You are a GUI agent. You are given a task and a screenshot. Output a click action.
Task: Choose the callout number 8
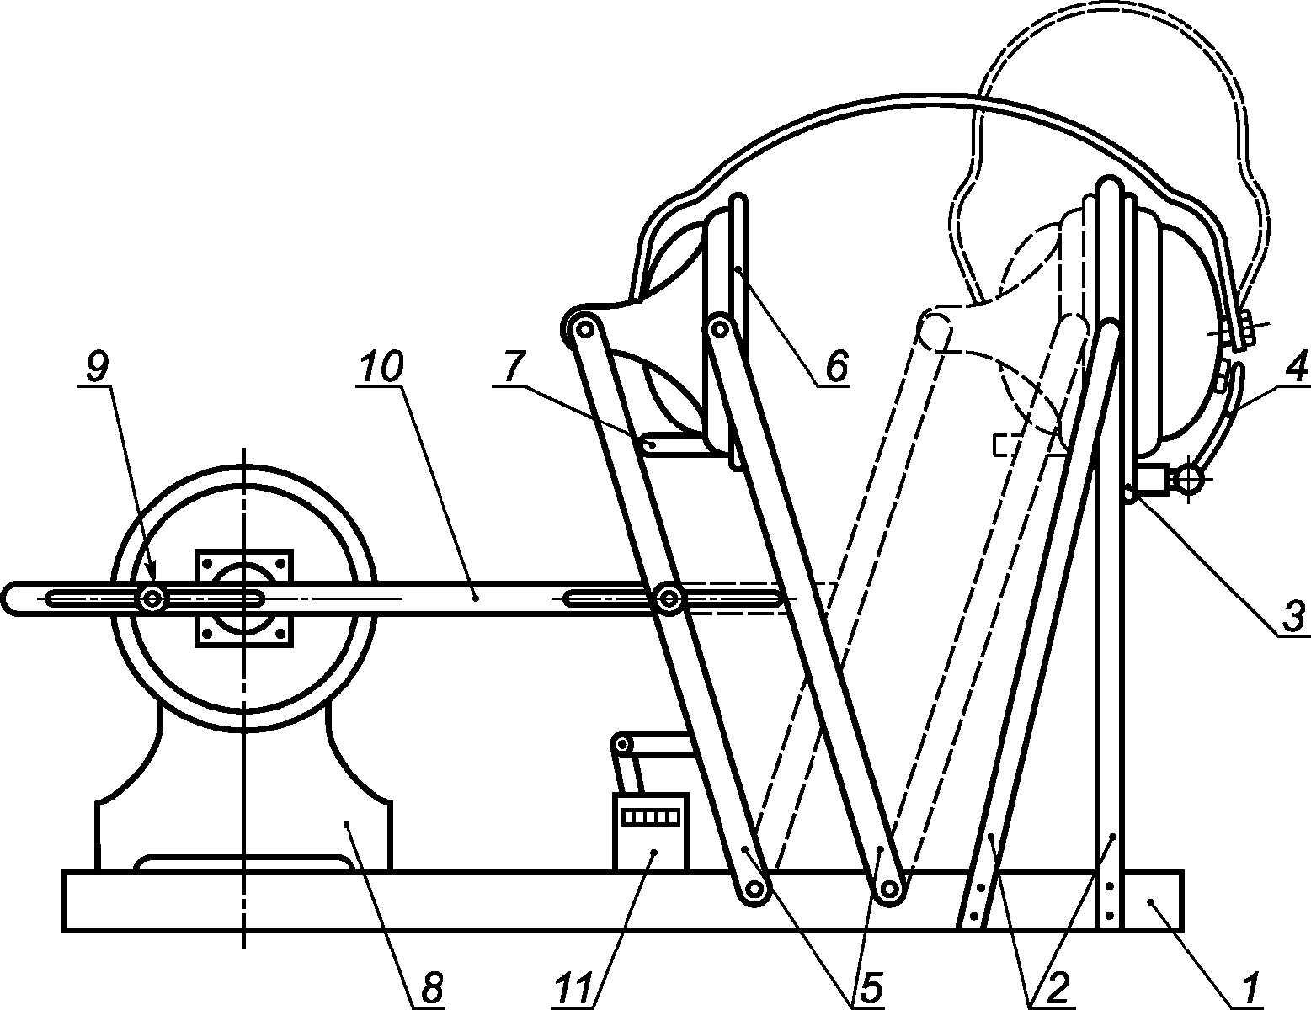tap(430, 987)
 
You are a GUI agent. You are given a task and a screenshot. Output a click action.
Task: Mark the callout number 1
tap(1249, 987)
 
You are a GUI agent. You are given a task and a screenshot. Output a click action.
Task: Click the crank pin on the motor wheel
tap(152, 598)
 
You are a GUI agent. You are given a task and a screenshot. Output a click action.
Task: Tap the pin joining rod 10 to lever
tap(669, 599)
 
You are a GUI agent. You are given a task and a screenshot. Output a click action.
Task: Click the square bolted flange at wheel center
tap(244, 598)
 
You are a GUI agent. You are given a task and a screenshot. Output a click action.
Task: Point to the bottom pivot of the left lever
tap(754, 890)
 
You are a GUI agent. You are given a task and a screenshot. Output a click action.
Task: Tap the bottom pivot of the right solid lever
tap(889, 890)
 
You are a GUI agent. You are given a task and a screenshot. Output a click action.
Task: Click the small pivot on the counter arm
tap(623, 743)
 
